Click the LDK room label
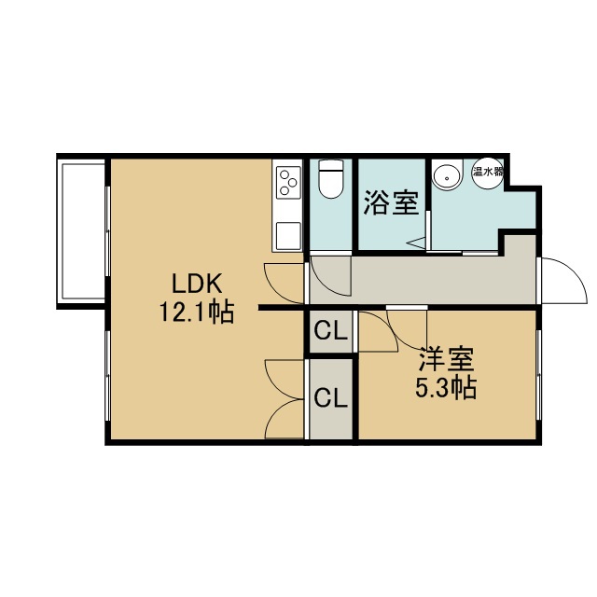pos(197,284)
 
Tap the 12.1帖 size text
pos(197,312)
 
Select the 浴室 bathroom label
pos(392,202)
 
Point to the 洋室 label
pos(446,359)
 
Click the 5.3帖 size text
pos(446,388)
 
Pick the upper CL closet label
pos(331,331)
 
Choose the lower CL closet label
pos(331,398)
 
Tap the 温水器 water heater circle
pos(487,172)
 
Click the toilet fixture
pos(331,178)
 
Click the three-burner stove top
pos(287,182)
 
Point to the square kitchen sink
pos(288,236)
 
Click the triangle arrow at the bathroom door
pos(417,243)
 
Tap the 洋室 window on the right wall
pos(538,375)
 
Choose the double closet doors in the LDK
pos(284,399)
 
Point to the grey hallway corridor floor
pos(423,280)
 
